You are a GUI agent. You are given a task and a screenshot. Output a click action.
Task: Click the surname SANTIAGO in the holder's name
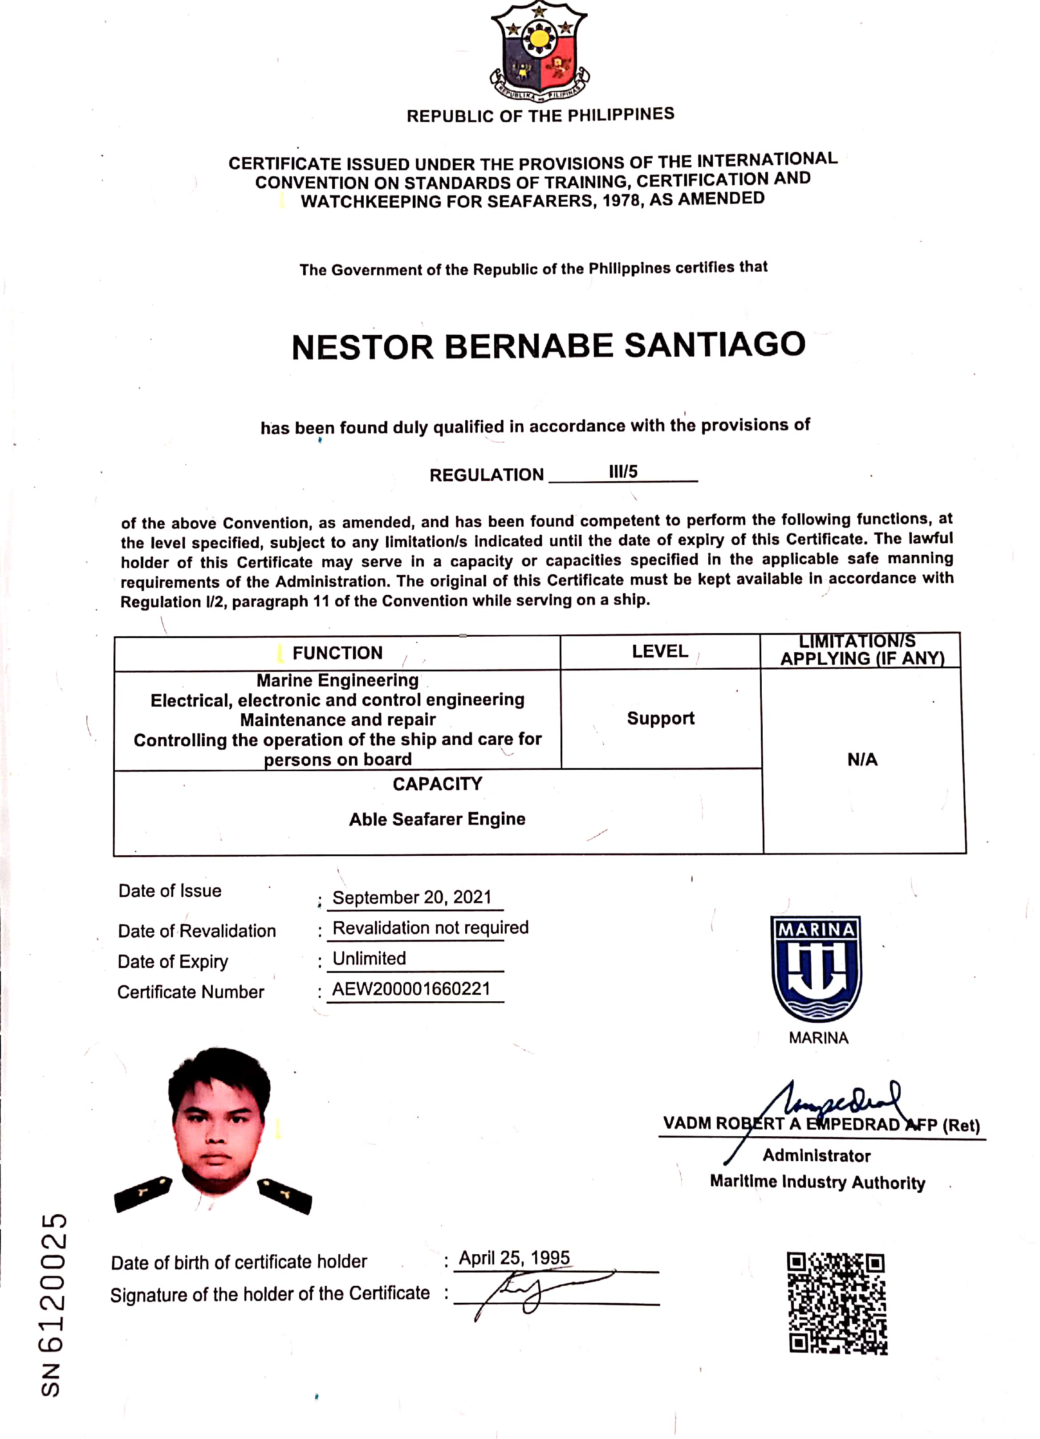(715, 345)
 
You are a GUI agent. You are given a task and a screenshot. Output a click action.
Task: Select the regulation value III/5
(623, 472)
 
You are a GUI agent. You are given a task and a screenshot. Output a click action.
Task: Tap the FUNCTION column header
(337, 653)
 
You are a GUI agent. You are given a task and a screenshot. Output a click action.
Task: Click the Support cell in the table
(661, 718)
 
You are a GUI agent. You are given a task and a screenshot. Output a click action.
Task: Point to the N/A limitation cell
(862, 760)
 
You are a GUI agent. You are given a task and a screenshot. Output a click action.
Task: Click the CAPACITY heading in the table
(437, 784)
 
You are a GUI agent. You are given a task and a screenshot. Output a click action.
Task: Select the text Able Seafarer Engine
(437, 819)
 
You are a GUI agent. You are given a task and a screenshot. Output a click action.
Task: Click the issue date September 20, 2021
(412, 897)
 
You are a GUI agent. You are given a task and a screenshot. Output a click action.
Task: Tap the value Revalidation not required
(430, 927)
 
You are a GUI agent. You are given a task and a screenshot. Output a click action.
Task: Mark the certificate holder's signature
(533, 1292)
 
